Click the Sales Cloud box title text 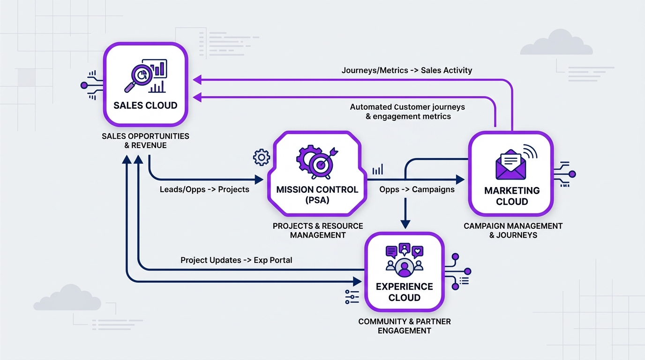click(x=145, y=105)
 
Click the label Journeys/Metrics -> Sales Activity click(x=406, y=70)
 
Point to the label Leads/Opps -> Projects click(x=204, y=189)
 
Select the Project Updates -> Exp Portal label click(x=236, y=260)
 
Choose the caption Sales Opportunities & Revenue click(x=145, y=141)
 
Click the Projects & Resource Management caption click(x=318, y=230)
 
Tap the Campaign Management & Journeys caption click(x=513, y=230)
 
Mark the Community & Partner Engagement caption click(x=404, y=326)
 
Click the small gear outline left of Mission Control click(x=261, y=157)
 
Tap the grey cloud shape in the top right click(x=556, y=44)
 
